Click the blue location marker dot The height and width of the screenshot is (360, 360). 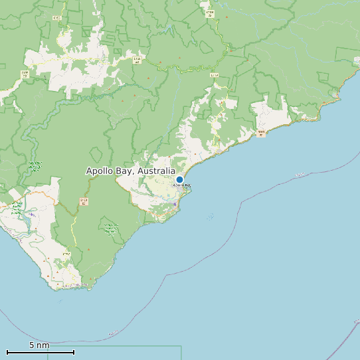179,179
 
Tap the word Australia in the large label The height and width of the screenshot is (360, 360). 155,171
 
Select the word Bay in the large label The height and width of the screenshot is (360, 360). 127,171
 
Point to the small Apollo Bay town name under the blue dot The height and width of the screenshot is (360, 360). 181,185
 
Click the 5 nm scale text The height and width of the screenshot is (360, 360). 39,345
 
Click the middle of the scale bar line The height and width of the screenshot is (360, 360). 41,352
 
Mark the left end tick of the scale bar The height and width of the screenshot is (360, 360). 7,352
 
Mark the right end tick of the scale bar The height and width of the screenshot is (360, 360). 74,352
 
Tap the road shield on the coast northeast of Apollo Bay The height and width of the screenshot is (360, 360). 262,134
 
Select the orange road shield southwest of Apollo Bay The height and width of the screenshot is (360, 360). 84,201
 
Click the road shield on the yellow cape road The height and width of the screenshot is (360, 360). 66,254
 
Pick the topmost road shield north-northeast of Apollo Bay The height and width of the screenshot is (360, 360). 210,13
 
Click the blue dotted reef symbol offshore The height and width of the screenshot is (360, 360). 210,217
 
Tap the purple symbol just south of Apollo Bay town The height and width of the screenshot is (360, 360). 175,205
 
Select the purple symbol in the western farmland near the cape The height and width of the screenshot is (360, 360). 31,215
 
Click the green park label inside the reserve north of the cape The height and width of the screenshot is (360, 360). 109,229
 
